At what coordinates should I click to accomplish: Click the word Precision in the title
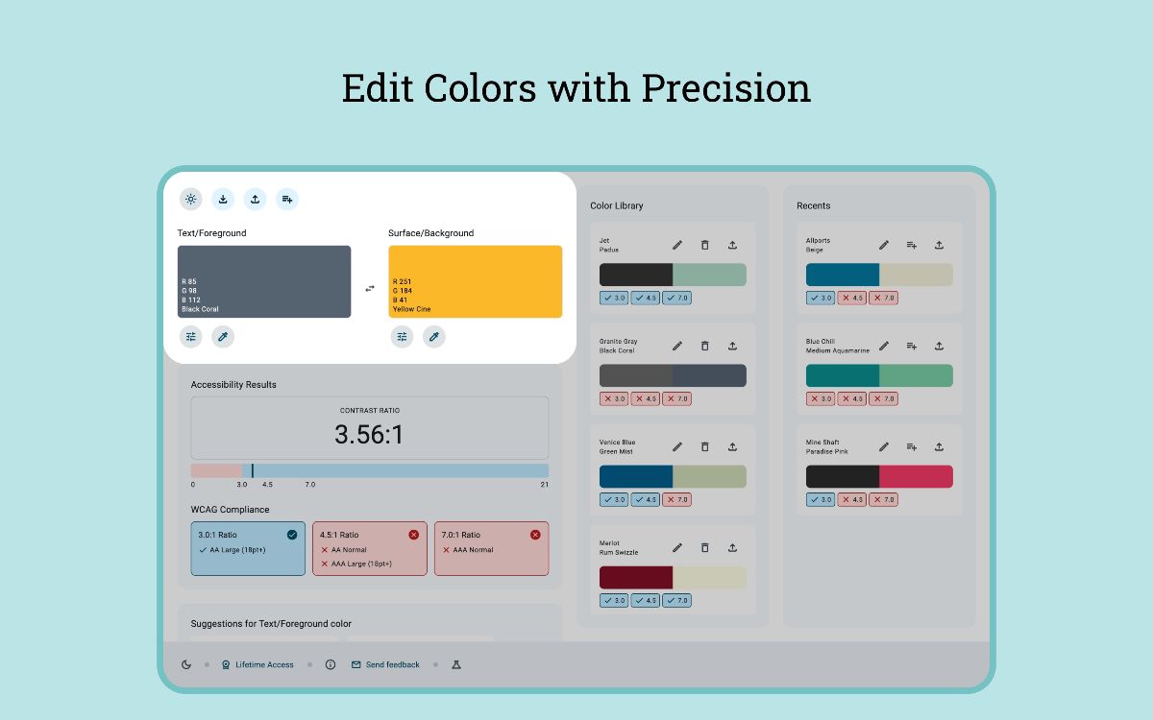[x=725, y=88]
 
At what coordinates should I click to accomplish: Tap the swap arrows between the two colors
[x=370, y=288]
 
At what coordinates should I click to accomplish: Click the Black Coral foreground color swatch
[x=264, y=281]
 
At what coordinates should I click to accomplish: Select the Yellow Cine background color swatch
[x=475, y=281]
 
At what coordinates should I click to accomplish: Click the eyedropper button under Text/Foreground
[x=223, y=337]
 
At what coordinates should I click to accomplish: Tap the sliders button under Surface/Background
[x=402, y=337]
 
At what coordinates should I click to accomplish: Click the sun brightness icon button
[x=190, y=199]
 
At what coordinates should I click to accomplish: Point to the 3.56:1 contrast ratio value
[x=369, y=435]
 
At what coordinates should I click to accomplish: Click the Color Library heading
[x=617, y=205]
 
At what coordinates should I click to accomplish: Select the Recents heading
[x=813, y=205]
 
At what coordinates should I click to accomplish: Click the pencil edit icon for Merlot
[x=677, y=547]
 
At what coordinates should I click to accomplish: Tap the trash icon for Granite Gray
[x=704, y=346]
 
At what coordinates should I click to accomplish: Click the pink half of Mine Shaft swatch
[x=916, y=476]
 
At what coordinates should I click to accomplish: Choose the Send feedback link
[x=392, y=664]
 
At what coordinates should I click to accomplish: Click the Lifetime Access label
[x=264, y=664]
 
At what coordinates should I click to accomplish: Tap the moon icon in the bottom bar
[x=186, y=664]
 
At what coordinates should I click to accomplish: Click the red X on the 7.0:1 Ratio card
[x=535, y=535]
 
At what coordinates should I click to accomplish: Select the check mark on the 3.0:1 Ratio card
[x=291, y=535]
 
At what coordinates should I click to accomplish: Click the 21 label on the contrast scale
[x=544, y=485]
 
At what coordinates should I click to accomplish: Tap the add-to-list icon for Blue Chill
[x=912, y=346]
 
